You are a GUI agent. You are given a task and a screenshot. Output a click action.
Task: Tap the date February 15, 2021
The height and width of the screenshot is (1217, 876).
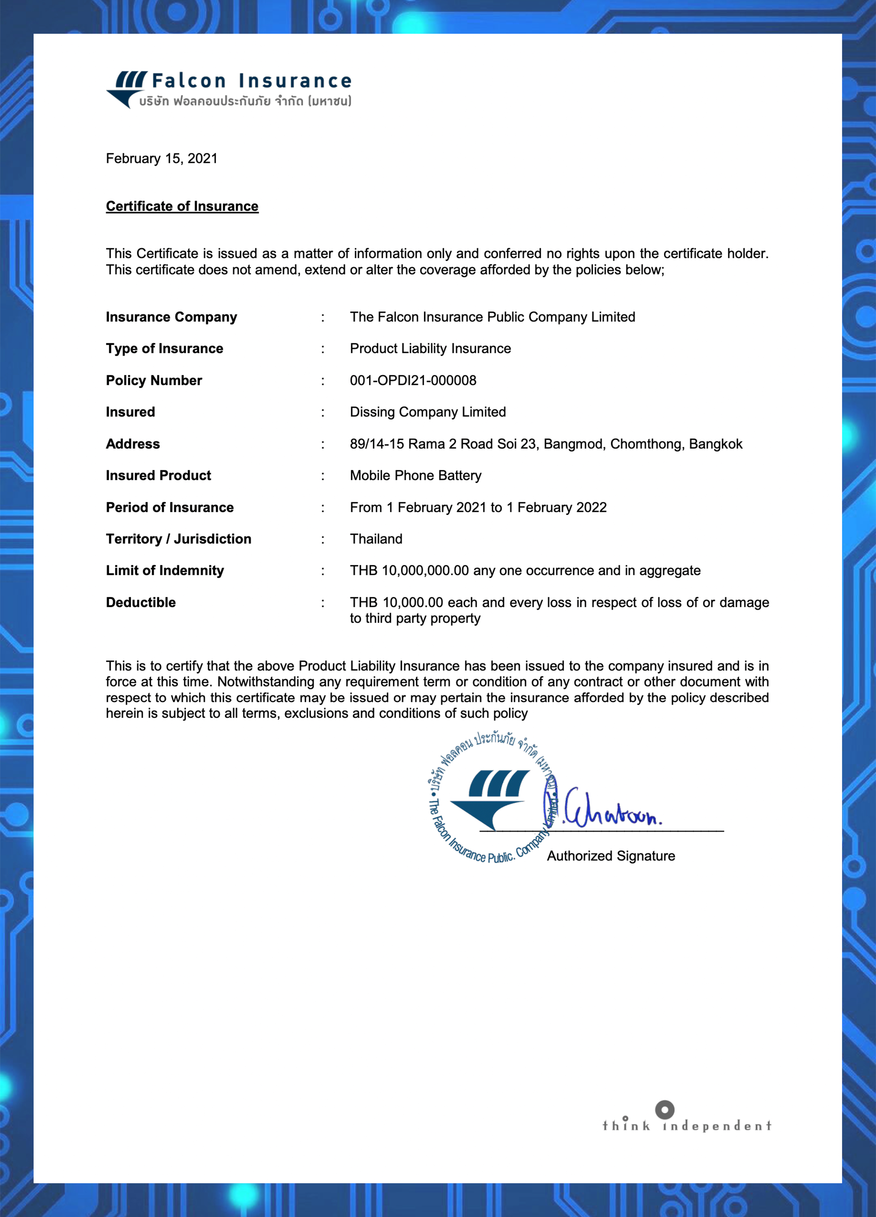click(x=161, y=158)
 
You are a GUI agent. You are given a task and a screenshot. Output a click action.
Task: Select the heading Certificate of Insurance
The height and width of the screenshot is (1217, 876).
click(x=182, y=206)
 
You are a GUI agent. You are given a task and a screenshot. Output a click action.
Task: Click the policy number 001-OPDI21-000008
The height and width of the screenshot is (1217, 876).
click(x=413, y=381)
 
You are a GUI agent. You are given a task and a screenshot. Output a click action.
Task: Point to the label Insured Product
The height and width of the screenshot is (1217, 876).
click(x=158, y=475)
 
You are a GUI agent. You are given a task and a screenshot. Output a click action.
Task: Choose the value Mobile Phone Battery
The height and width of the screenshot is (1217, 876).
click(x=416, y=475)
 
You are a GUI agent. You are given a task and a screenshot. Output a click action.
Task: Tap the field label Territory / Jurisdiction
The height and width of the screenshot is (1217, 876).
click(x=178, y=539)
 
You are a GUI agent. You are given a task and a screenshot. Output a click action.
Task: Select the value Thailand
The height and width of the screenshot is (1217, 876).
click(x=376, y=539)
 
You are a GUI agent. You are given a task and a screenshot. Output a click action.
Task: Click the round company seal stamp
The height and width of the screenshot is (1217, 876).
click(x=491, y=798)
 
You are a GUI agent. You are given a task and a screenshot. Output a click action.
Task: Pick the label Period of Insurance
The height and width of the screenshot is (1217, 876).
click(x=170, y=507)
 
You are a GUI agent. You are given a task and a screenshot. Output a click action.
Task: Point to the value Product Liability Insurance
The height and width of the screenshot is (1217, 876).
click(x=430, y=348)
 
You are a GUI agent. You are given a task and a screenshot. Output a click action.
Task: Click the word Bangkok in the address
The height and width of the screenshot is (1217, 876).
click(x=716, y=444)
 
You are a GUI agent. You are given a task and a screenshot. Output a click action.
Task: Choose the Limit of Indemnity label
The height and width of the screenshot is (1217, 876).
click(x=165, y=570)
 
